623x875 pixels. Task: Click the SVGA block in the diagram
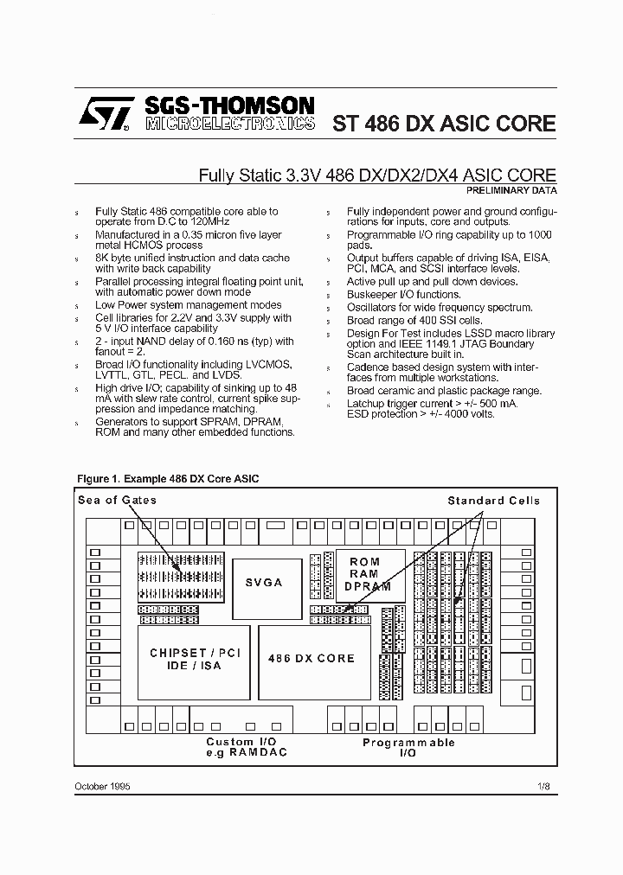(263, 582)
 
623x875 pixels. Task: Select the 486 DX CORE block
(311, 659)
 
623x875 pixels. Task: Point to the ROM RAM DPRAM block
(364, 574)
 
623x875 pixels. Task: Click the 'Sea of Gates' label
(118, 500)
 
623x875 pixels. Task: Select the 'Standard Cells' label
(493, 501)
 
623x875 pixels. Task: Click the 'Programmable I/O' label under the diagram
(408, 748)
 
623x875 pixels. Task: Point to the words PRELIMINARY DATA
(511, 189)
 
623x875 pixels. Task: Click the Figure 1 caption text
(168, 478)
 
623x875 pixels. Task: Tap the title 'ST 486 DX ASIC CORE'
(444, 123)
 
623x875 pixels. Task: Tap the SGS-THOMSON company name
(229, 105)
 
